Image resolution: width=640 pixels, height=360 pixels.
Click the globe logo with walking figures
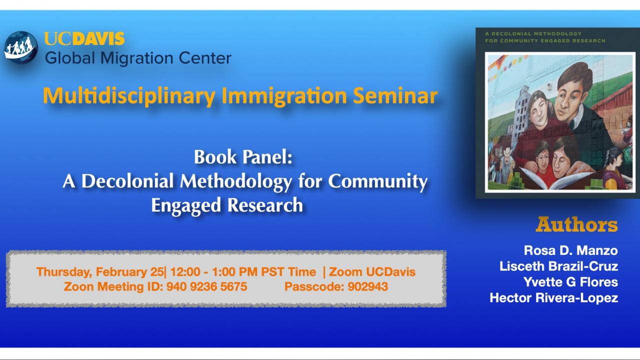[20, 47]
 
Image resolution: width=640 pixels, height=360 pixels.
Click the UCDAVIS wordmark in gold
[84, 38]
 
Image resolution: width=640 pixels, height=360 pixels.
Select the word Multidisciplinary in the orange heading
[129, 96]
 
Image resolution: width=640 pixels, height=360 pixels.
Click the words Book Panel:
[243, 157]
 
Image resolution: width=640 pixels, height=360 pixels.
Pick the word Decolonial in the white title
[127, 181]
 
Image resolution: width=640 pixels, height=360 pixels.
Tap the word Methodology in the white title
[236, 182]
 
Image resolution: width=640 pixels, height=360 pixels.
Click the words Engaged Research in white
[227, 205]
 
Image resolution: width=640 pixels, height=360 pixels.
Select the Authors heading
[576, 225]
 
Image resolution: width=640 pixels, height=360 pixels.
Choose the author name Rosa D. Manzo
[570, 250]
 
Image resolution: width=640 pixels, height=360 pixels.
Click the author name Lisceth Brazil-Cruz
[558, 266]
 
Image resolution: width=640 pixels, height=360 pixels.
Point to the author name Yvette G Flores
[570, 282]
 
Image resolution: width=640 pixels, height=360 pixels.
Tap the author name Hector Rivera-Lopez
[553, 298]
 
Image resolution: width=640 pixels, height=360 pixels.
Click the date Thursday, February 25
[100, 271]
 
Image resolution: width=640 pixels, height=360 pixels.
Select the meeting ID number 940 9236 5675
[206, 286]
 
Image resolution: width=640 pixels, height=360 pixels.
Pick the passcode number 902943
[367, 286]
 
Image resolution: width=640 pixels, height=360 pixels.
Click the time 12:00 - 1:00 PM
[213, 271]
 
